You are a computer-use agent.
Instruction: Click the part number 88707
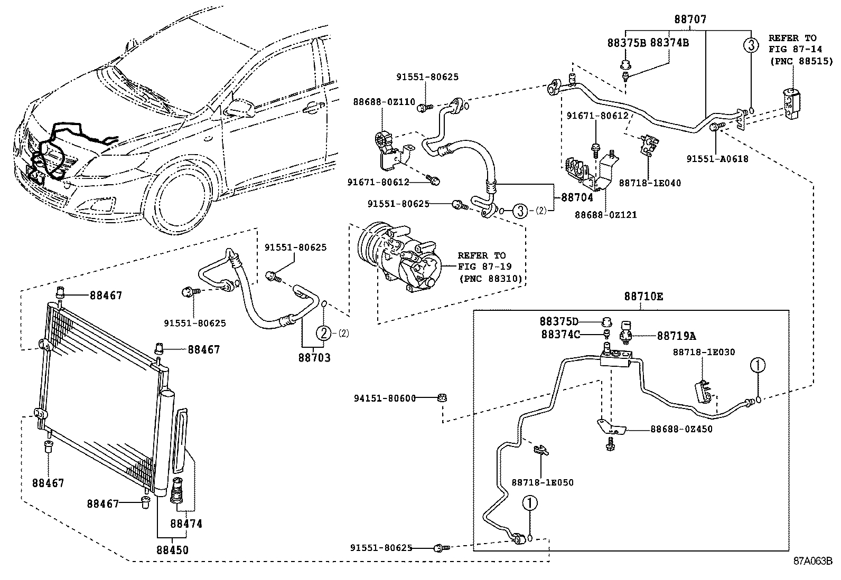[x=690, y=20]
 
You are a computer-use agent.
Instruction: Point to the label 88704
[x=577, y=197]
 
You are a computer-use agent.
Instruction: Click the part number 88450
[x=172, y=549]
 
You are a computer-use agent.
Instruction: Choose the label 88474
[x=186, y=524]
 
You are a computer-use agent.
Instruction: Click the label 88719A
[x=676, y=336]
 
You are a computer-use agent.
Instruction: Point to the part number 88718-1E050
[x=542, y=482]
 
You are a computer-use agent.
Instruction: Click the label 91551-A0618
[x=717, y=158]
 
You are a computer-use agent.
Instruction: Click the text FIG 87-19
[x=484, y=267]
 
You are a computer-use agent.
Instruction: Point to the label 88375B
[x=627, y=43]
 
